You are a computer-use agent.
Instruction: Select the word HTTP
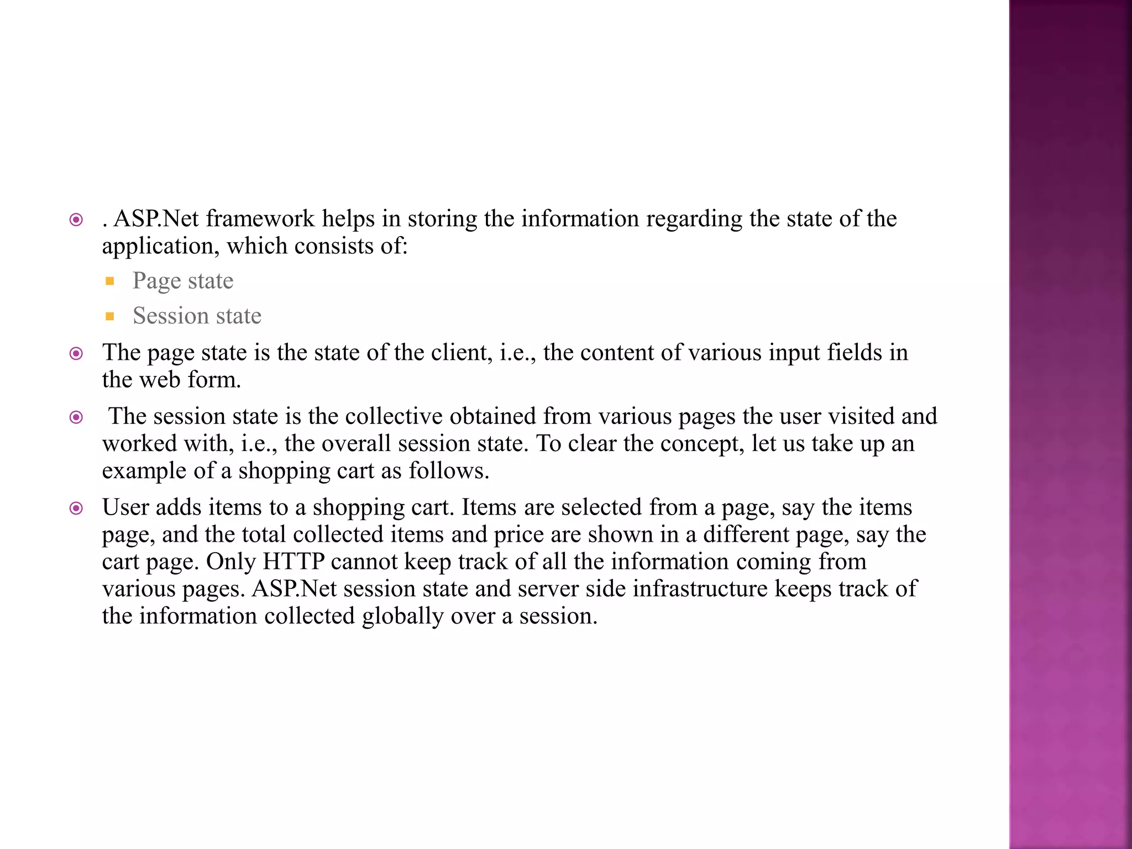tap(294, 562)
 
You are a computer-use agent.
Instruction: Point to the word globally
tap(402, 616)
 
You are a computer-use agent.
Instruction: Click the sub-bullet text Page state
tap(183, 281)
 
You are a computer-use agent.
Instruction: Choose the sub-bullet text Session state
tap(197, 316)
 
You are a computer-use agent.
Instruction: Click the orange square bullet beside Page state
tap(110, 281)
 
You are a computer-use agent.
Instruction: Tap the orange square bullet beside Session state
tap(110, 317)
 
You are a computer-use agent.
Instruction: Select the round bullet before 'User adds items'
tap(76, 508)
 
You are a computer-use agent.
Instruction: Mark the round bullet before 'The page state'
tap(76, 353)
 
